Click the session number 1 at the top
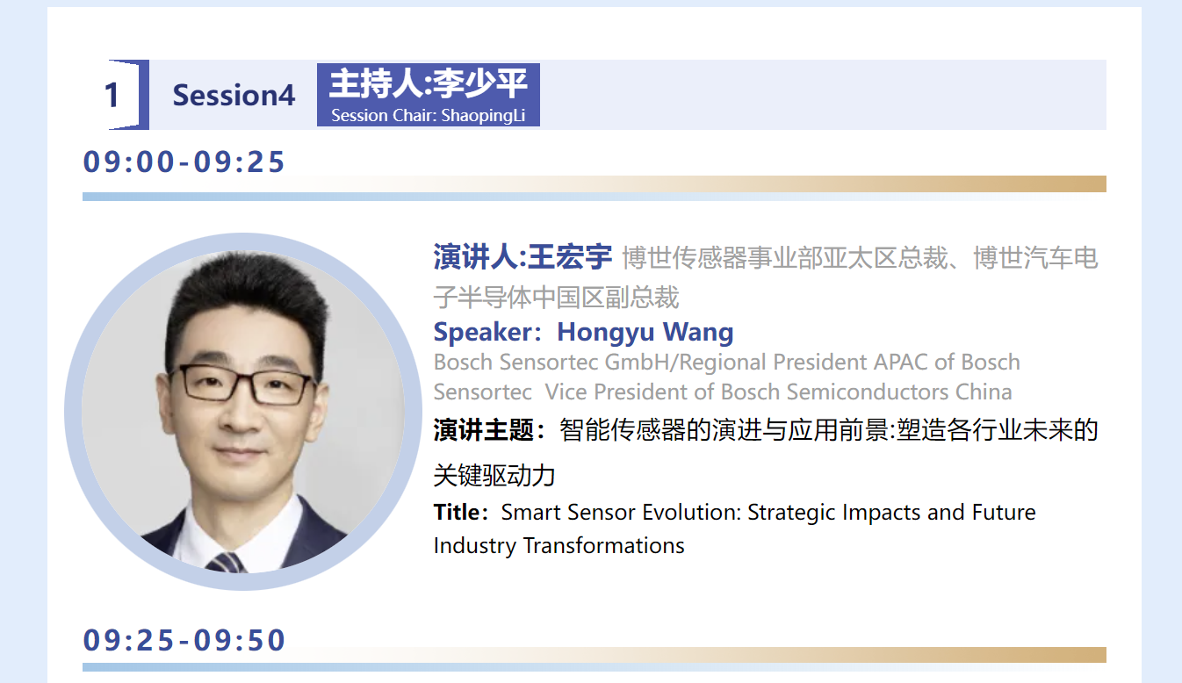[112, 96]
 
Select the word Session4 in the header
[234, 96]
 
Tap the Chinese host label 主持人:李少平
[428, 83]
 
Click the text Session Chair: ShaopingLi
[428, 115]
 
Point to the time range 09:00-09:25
[184, 162]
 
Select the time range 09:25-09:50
[184, 640]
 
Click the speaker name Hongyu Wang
[645, 332]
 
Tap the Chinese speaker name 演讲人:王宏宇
[523, 257]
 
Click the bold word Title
[457, 512]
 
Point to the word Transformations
[603, 545]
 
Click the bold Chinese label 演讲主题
[483, 430]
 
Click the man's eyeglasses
[244, 384]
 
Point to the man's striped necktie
[227, 564]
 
